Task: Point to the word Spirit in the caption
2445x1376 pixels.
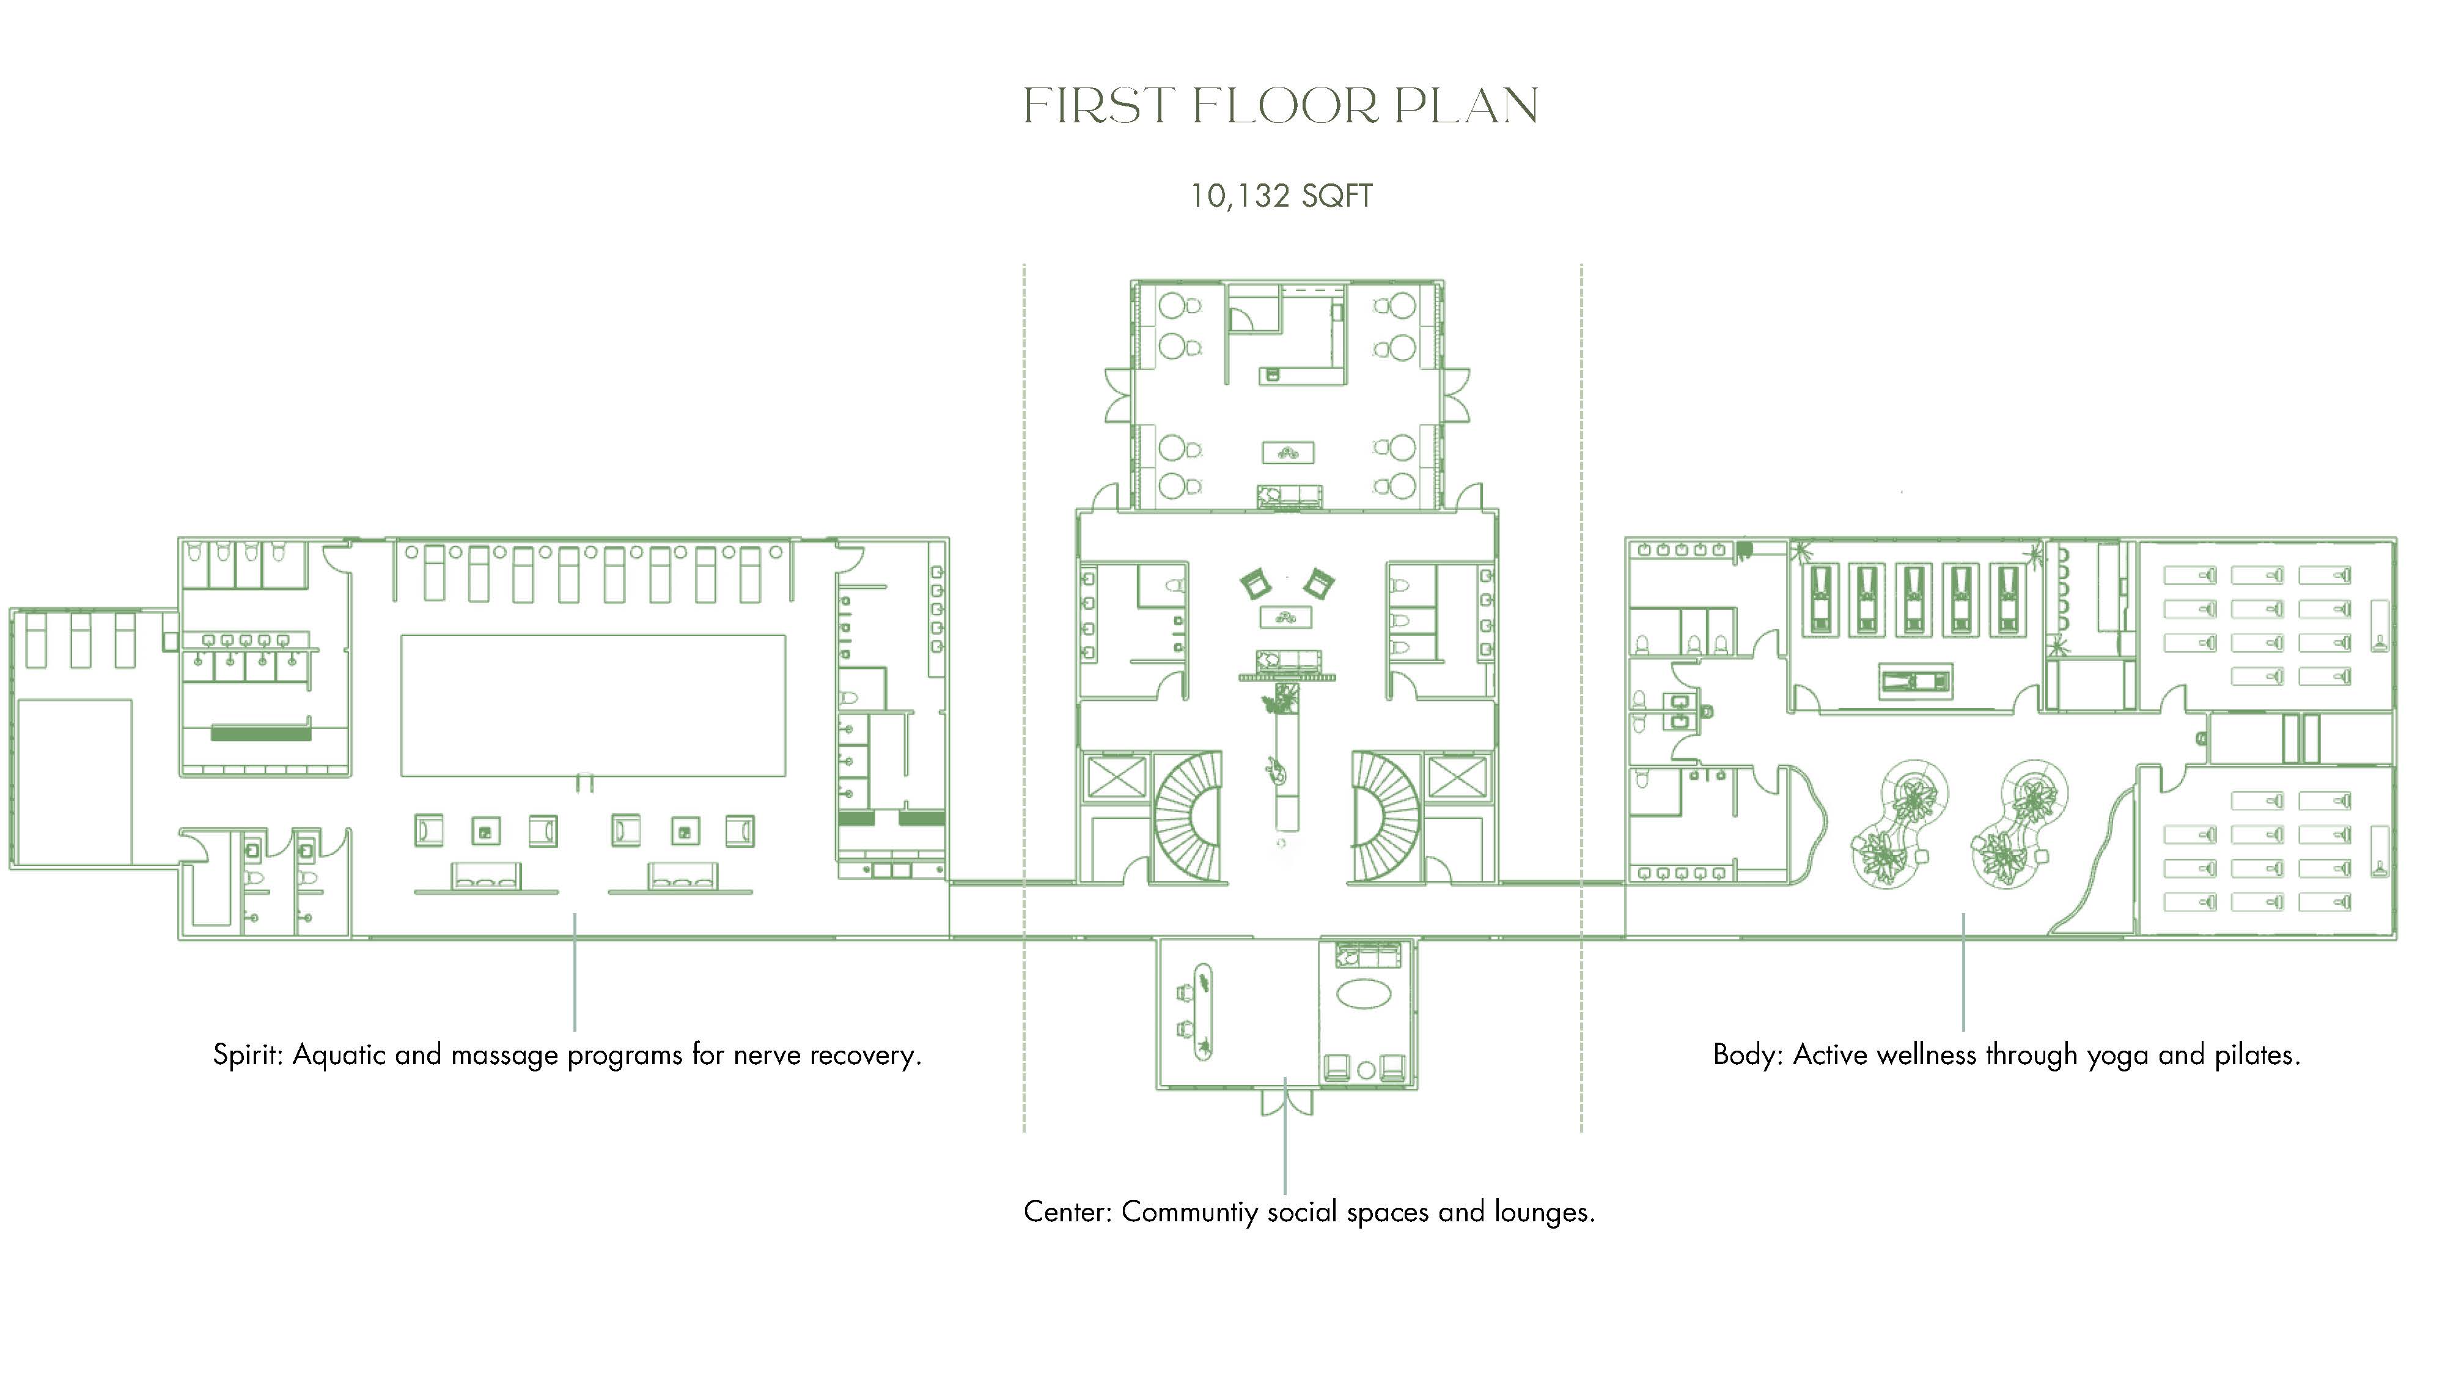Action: click(x=247, y=1055)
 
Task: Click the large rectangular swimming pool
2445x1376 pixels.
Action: click(x=593, y=706)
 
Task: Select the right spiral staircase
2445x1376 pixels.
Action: click(x=1386, y=816)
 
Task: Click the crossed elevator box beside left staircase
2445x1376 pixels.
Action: click(x=1116, y=779)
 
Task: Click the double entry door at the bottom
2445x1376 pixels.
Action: click(x=1286, y=1101)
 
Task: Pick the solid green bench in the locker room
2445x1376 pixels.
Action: click(x=261, y=733)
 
